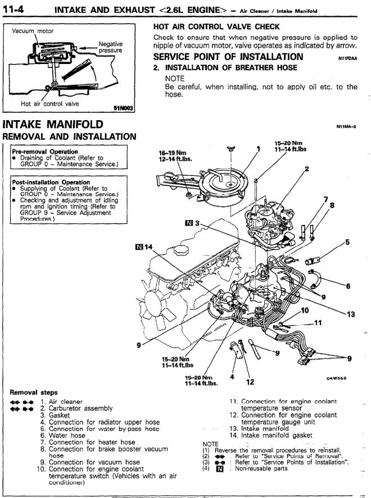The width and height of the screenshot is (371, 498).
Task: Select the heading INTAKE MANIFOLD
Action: click(53, 124)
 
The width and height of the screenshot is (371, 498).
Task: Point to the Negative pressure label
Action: click(110, 47)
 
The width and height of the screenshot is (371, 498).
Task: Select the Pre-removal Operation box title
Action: click(44, 152)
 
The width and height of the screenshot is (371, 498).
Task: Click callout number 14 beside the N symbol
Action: click(149, 246)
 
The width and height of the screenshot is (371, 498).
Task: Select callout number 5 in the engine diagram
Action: click(347, 243)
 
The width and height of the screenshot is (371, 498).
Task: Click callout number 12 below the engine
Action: click(251, 382)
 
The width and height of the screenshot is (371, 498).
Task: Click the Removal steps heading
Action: click(34, 392)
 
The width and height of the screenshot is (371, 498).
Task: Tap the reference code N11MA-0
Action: click(346, 127)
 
